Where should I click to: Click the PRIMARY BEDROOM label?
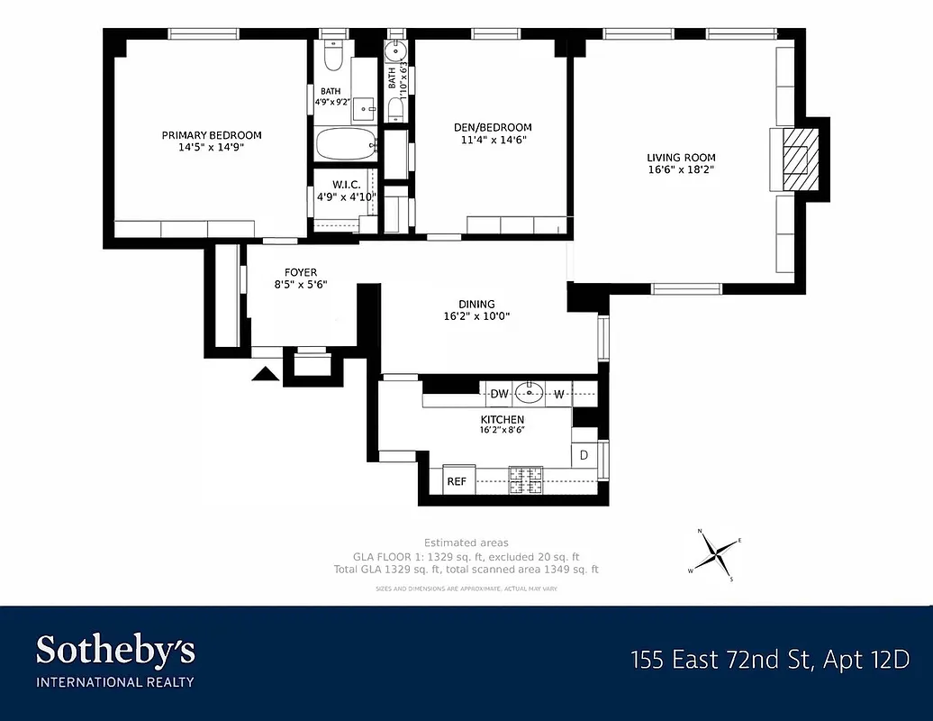pyautogui.click(x=212, y=135)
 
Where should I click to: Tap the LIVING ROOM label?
pyautogui.click(x=681, y=158)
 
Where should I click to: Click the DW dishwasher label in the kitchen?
pyautogui.click(x=499, y=394)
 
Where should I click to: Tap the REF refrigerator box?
pyautogui.click(x=457, y=481)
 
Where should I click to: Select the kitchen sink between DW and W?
pyautogui.click(x=534, y=393)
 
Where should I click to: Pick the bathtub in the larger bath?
pyautogui.click(x=346, y=143)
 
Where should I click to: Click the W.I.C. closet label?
pyautogui.click(x=346, y=184)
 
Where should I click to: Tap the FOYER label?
pyautogui.click(x=301, y=272)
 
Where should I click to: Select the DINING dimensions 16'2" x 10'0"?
pyautogui.click(x=476, y=316)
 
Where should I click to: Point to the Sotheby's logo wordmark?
pyautogui.click(x=115, y=650)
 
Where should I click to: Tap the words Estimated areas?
pyautogui.click(x=466, y=543)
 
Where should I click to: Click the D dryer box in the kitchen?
pyautogui.click(x=584, y=455)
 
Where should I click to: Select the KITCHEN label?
pyautogui.click(x=502, y=419)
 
